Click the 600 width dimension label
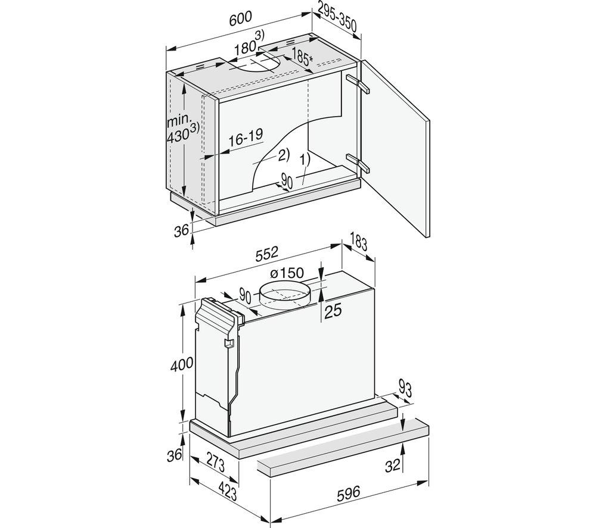241,18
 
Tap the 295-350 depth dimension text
337,18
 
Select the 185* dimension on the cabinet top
303,57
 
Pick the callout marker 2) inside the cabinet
284,155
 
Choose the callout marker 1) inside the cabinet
305,160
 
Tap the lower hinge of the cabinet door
358,163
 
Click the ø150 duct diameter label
287,273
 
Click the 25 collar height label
333,311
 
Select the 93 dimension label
405,388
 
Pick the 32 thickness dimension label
393,465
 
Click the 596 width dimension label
348,493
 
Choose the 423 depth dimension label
227,493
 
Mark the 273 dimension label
216,461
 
